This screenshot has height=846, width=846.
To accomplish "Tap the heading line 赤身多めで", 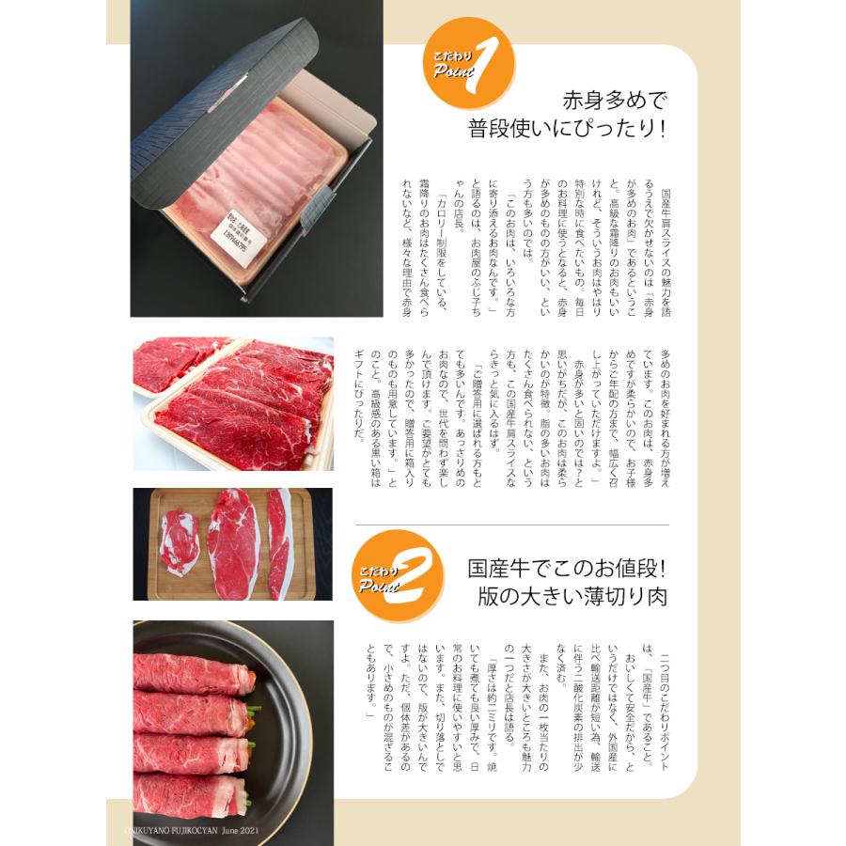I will pos(614,101).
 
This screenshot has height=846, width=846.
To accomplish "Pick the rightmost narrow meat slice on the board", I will pos(279,543).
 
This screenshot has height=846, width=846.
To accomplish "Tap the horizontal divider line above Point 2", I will pos(511,525).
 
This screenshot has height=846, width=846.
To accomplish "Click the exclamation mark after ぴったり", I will pos(662,129).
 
